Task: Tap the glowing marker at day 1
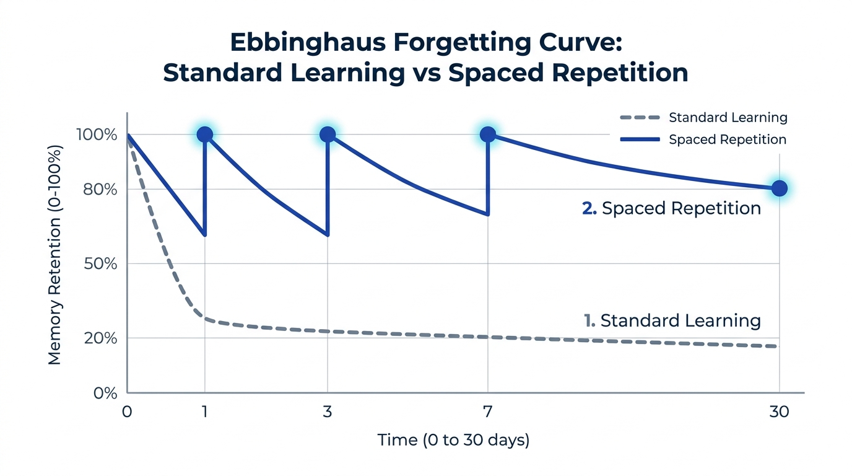204,134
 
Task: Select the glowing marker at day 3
328,134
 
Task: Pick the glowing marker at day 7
488,134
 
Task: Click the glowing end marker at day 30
780,188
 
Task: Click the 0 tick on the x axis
127,412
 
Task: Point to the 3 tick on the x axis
328,412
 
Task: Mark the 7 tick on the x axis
488,412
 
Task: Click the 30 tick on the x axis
779,412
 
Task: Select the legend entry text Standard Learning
728,118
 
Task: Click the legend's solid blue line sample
639,139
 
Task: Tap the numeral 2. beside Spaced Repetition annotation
589,208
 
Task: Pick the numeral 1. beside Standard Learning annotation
589,320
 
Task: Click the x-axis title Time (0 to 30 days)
453,441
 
